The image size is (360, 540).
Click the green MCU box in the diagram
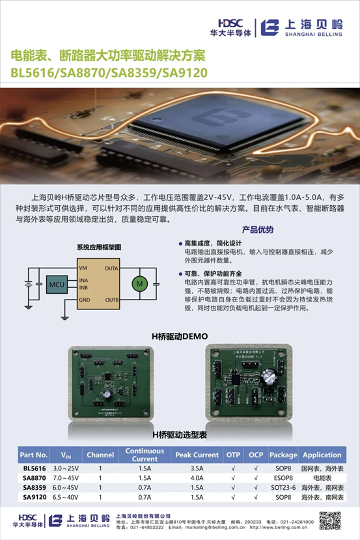[55, 284]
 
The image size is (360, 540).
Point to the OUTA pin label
[111, 268]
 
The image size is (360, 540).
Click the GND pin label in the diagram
[85, 300]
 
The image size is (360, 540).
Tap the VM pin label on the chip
[83, 268]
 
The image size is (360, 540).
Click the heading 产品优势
[258, 230]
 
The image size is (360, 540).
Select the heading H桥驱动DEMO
[179, 336]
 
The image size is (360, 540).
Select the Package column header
[283, 455]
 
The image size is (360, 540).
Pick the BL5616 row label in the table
[34, 468]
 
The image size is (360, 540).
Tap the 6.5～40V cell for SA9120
[65, 497]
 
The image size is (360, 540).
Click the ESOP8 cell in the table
[283, 477]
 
